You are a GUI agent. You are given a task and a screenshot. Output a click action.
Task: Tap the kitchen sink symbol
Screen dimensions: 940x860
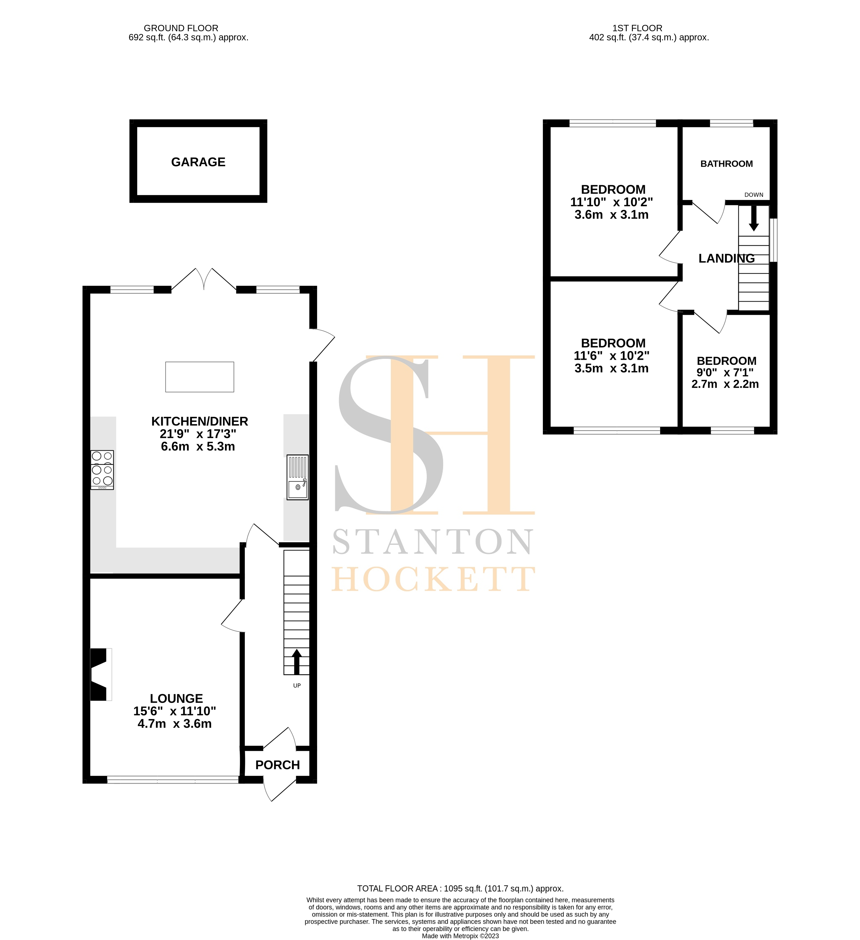298,477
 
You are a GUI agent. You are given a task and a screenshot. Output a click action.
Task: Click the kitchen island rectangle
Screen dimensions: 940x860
200,377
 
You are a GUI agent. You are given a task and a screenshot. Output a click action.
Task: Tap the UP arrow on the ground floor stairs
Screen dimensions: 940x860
296,661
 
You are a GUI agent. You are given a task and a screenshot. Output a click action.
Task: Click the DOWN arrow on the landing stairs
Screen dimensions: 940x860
754,218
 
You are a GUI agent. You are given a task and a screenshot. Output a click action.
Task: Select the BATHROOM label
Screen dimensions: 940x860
726,164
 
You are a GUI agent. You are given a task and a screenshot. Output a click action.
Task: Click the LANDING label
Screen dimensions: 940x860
726,258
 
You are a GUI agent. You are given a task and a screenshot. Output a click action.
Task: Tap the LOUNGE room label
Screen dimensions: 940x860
176,698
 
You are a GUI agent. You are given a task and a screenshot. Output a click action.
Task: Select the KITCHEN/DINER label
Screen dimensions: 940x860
200,421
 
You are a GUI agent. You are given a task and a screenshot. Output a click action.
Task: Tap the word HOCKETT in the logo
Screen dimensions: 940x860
432,580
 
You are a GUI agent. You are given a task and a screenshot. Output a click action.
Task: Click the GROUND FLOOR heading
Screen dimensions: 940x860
181,28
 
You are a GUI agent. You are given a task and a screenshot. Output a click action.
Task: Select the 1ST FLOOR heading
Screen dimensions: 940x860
637,28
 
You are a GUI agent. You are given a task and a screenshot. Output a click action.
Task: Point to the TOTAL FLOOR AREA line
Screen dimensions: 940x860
460,889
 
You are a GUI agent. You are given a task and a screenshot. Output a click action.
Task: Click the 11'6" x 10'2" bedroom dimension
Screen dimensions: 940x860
611,356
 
